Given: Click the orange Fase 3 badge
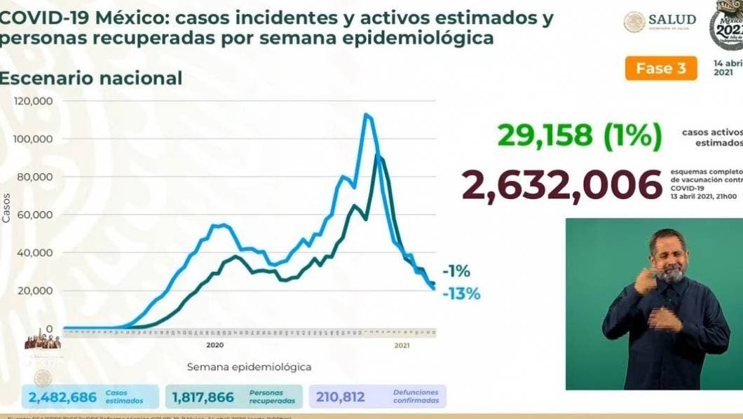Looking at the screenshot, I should click(x=661, y=69).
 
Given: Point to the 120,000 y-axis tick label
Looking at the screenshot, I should click(x=33, y=101).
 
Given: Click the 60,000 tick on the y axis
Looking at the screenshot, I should click(x=36, y=214).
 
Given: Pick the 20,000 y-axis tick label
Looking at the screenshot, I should click(x=36, y=290).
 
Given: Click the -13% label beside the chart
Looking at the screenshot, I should click(x=462, y=294).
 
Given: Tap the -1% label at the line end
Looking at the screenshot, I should click(x=456, y=272).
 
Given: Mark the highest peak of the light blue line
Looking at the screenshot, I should click(x=366, y=115).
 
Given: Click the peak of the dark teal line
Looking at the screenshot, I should click(x=379, y=156).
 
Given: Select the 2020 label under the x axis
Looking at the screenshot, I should click(x=214, y=345).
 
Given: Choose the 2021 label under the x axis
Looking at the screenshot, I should click(x=402, y=345).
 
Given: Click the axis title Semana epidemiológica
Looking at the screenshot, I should click(x=249, y=366).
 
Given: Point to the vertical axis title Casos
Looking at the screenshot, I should click(x=6, y=208).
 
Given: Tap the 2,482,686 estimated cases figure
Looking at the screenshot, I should click(x=63, y=397).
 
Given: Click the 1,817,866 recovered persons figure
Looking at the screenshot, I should click(x=203, y=397).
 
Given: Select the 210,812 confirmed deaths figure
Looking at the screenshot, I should click(x=341, y=397).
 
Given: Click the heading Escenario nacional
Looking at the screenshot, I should click(x=90, y=78).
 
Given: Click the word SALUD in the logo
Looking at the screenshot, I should click(x=672, y=20).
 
